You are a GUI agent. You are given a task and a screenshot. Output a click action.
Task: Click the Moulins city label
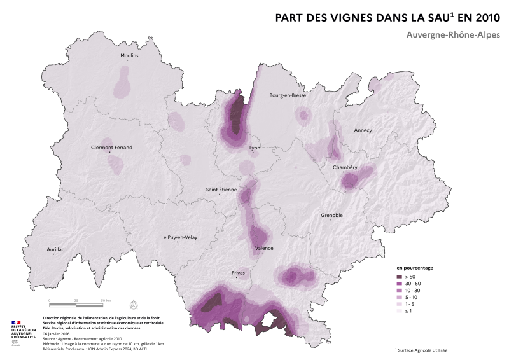click(129, 55)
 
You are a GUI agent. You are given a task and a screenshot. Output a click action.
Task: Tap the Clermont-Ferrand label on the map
click(112, 147)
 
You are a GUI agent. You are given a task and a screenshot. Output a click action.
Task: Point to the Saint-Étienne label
click(221, 189)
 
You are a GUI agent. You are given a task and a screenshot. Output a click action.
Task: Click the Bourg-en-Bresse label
click(288, 95)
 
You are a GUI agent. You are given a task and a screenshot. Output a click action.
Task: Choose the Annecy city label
click(363, 130)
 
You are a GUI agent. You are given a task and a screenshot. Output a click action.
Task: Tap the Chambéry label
click(345, 167)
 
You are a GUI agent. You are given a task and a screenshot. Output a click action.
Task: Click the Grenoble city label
click(331, 215)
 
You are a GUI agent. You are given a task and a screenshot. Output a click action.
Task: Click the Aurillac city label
click(56, 249)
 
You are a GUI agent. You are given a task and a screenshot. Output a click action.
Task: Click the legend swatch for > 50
click(400, 277)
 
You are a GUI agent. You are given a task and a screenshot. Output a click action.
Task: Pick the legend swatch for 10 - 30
click(400, 291)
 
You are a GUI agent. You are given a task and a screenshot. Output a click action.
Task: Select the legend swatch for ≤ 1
click(400, 312)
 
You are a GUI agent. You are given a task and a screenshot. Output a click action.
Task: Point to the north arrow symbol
click(134, 303)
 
